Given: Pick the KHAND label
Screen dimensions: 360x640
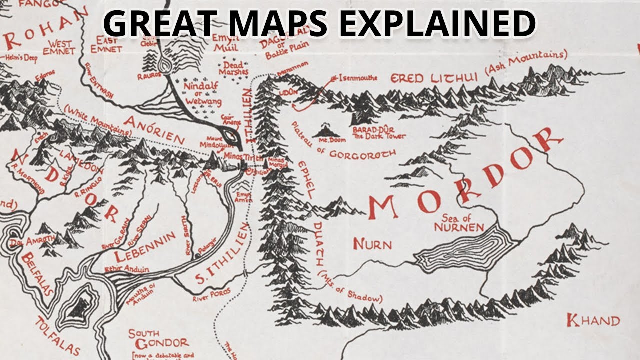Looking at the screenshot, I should pos(593,320).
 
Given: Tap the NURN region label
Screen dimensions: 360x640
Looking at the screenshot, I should pos(372,244).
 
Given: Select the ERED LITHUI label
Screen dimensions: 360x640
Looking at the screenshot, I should pos(434,77).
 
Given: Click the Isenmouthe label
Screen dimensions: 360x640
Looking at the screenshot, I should pos(357,78).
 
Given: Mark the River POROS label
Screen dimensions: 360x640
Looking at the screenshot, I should pos(212,295).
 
